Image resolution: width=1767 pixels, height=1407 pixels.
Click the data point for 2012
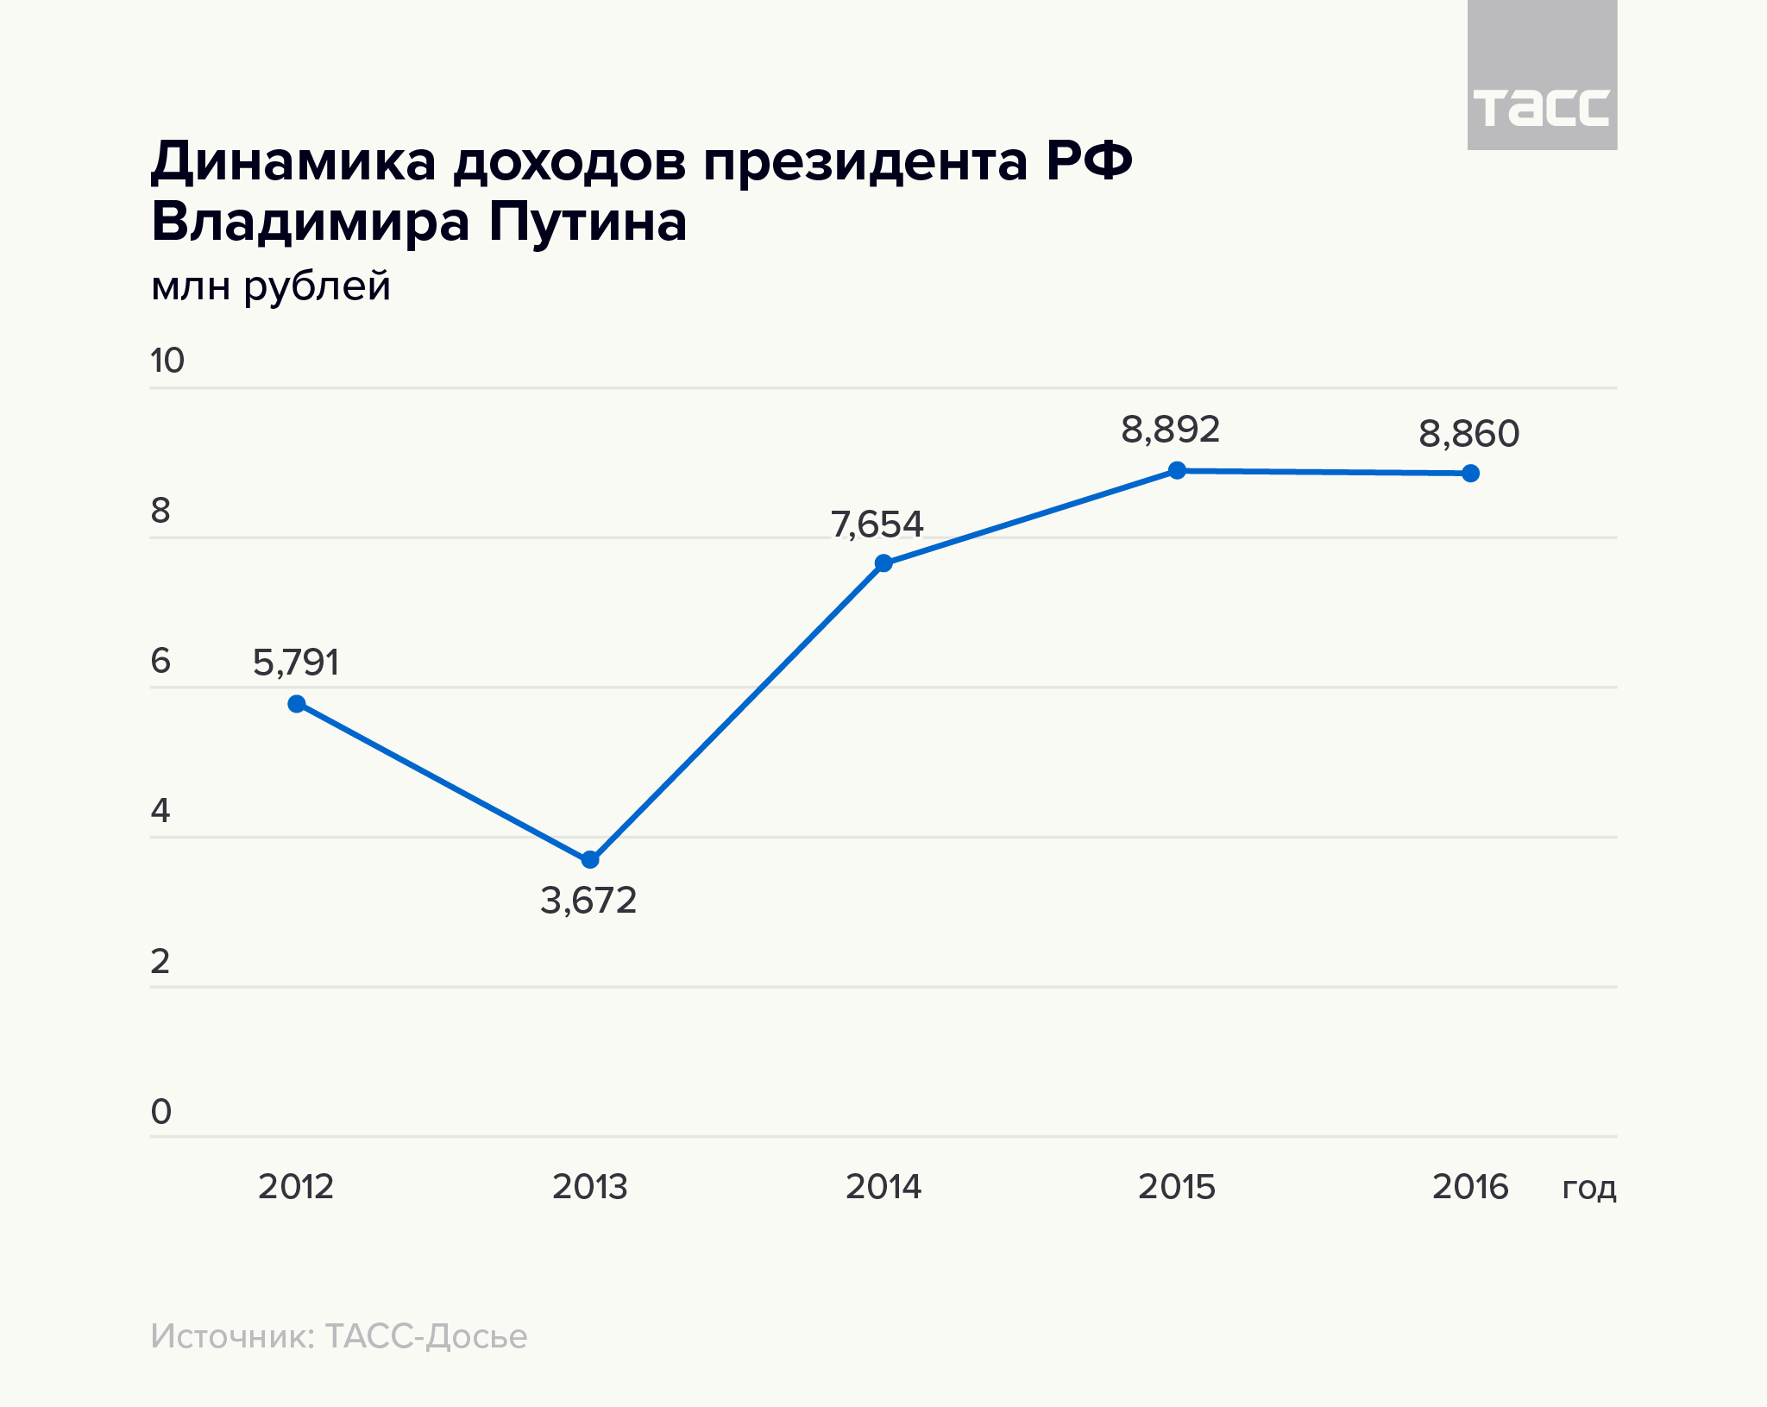297,704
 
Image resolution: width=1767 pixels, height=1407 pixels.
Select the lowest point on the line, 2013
590,860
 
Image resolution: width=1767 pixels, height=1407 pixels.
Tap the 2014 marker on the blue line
883,563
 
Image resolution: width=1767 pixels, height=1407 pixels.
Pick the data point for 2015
1177,470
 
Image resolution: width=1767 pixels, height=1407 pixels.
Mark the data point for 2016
1470,473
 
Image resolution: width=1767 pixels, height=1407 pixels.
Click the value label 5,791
296,663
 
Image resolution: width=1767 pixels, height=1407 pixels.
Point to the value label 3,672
588,901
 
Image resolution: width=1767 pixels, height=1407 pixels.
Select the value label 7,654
877,524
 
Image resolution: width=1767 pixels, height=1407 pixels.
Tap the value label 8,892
1171,430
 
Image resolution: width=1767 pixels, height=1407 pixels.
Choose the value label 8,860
1468,434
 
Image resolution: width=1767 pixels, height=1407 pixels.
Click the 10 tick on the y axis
167,361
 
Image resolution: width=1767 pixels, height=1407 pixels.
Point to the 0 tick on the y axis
161,1112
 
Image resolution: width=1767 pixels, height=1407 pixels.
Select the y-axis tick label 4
160,811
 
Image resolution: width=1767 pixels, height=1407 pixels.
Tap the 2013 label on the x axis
590,1187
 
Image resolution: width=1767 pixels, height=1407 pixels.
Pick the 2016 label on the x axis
1470,1187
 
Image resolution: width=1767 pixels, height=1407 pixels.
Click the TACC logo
1542,108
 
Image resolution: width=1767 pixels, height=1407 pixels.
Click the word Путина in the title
588,223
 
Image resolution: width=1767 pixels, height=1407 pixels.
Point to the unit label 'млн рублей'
271,286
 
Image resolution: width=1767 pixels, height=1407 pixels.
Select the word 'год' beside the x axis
1588,1189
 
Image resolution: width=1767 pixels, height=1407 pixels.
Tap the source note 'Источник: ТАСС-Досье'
338,1336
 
